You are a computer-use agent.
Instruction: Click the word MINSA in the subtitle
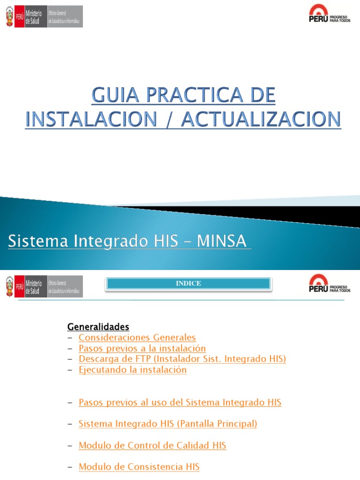pyautogui.click(x=221, y=241)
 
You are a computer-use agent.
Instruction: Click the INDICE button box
pyautogui.click(x=188, y=284)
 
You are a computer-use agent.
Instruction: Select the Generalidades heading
pyautogui.click(x=98, y=326)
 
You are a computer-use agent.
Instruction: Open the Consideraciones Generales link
pyautogui.click(x=137, y=337)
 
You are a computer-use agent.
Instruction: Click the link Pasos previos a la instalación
pyautogui.click(x=142, y=348)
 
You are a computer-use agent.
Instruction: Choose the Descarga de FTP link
pyautogui.click(x=182, y=359)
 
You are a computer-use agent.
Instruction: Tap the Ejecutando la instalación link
pyautogui.click(x=133, y=370)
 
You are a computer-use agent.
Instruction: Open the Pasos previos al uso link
pyautogui.click(x=180, y=402)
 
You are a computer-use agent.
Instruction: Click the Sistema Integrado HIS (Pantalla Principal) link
pyautogui.click(x=168, y=424)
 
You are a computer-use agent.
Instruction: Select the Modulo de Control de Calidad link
pyautogui.click(x=152, y=445)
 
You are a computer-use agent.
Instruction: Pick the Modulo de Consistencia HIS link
pyautogui.click(x=139, y=467)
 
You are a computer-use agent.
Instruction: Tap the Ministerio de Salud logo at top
pyautogui.click(x=44, y=16)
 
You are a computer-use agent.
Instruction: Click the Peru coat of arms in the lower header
pyautogui.click(x=10, y=286)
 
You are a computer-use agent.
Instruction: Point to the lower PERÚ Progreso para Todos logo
pyautogui.click(x=330, y=284)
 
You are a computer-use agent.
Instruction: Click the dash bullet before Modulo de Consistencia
pyautogui.click(x=70, y=467)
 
